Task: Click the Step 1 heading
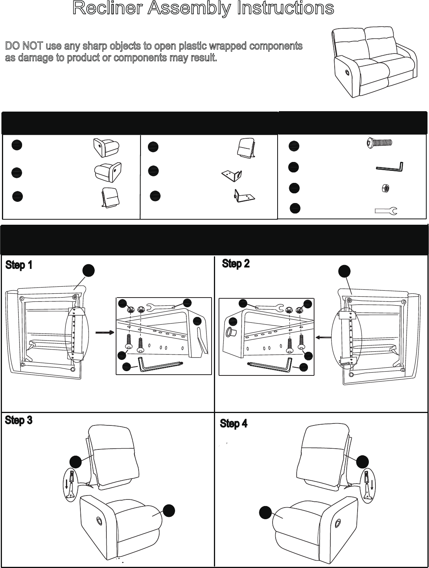click(x=19, y=265)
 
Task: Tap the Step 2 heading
click(x=236, y=263)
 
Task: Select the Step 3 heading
click(x=19, y=420)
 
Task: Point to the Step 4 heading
click(x=234, y=423)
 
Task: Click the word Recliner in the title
click(x=107, y=8)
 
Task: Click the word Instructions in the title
click(x=285, y=8)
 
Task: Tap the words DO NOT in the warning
click(x=24, y=46)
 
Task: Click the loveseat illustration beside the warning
click(x=375, y=62)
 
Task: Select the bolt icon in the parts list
click(x=379, y=142)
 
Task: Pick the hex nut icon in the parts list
click(x=386, y=188)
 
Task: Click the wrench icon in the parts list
click(x=386, y=211)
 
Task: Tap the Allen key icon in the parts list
click(x=390, y=167)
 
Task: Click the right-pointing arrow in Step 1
click(x=105, y=332)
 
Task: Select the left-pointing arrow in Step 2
click(x=323, y=337)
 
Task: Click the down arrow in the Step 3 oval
click(x=67, y=484)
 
